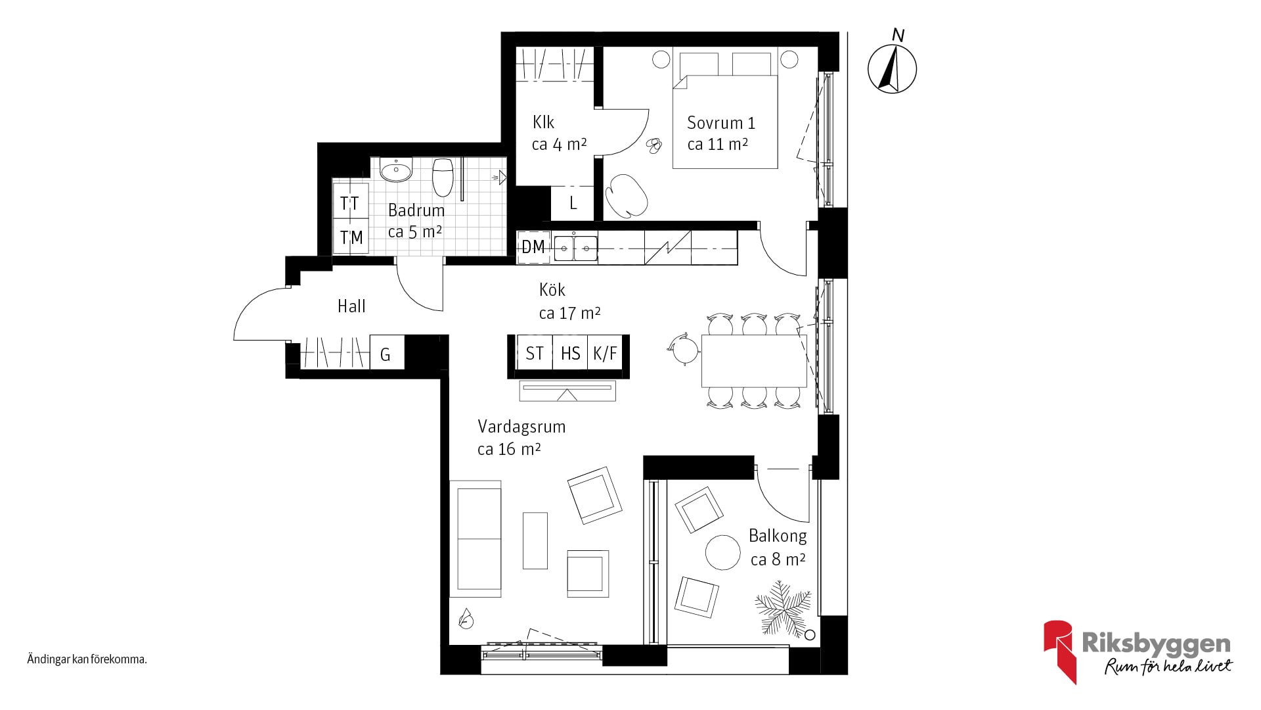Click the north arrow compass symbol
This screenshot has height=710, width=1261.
point(893,68)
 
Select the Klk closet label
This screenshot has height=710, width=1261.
point(543,122)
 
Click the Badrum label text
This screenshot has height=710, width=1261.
point(416,210)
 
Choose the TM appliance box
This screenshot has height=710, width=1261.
point(350,237)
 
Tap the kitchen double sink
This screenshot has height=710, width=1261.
point(575,248)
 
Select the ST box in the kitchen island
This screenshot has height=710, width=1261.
point(534,353)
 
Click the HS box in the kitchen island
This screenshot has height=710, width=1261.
point(570,353)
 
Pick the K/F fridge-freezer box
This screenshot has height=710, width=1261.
point(605,353)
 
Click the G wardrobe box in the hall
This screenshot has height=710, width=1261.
point(386,354)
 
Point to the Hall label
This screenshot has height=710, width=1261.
point(351,306)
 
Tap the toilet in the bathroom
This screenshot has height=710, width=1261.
point(443,176)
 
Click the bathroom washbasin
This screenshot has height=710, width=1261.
point(396,170)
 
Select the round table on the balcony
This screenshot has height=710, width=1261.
point(723,552)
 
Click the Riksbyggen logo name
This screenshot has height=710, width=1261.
point(1156,643)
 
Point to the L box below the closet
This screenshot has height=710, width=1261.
point(573,203)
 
